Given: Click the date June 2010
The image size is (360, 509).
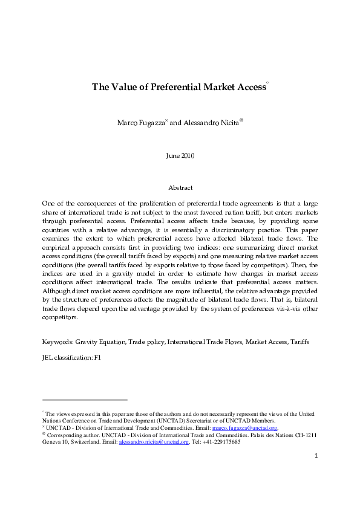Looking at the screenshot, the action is tap(180, 156).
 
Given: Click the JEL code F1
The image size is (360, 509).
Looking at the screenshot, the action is tap(97, 357).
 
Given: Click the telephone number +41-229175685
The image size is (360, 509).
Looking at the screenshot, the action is tap(218, 442).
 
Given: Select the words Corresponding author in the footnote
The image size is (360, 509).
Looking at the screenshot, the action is tap(71, 435).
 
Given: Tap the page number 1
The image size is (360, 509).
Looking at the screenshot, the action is tap(316, 473).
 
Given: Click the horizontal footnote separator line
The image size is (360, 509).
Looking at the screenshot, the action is tap(85, 400).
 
